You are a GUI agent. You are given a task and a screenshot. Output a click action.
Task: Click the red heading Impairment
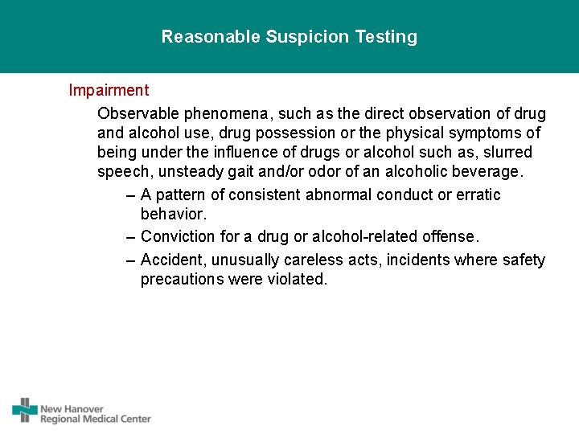tap(109, 91)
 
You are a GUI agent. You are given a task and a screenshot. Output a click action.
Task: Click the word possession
tap(304, 133)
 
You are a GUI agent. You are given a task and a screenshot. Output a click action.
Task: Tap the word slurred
tap(506, 152)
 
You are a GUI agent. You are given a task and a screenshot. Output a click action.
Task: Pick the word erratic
tap(478, 195)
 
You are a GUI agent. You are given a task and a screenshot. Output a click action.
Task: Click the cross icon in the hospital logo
tap(25, 410)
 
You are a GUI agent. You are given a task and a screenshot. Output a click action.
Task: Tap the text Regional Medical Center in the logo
tap(96, 419)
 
